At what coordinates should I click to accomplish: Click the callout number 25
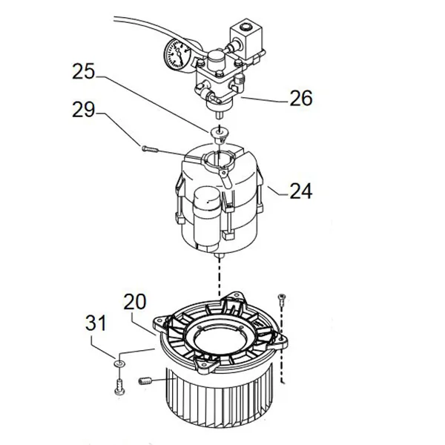(x=83, y=71)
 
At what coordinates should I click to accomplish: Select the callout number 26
(x=301, y=98)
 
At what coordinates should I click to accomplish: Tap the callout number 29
(x=83, y=110)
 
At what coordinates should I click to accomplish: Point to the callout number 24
(x=301, y=191)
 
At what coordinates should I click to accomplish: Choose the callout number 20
(x=135, y=302)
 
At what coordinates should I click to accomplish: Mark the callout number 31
(x=96, y=323)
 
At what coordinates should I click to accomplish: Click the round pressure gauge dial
(x=177, y=53)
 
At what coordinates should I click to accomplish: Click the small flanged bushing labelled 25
(x=219, y=135)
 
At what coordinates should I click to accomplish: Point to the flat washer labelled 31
(x=119, y=363)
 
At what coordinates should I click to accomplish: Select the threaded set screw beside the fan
(x=145, y=381)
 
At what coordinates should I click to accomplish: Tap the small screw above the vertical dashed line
(x=282, y=299)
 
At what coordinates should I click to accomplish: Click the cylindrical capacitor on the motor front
(x=206, y=219)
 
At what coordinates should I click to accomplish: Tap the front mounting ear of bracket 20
(x=207, y=365)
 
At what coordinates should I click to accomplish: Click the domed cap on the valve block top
(x=217, y=60)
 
